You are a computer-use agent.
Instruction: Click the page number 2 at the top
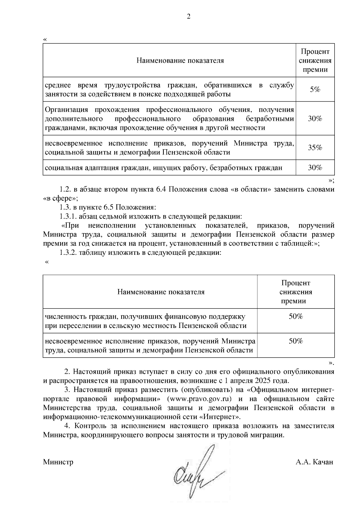click(188, 17)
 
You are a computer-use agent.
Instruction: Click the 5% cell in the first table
click(315, 89)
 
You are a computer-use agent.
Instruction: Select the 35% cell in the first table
click(315, 147)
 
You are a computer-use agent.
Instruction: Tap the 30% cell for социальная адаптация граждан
click(315, 168)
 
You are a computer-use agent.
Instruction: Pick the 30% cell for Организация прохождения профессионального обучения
click(315, 118)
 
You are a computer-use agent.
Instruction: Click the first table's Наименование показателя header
click(180, 61)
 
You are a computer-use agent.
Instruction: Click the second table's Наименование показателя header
click(161, 292)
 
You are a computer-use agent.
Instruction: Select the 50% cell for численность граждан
click(296, 317)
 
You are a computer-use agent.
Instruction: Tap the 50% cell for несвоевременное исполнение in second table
click(296, 341)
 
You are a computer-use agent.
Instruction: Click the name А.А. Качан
click(314, 462)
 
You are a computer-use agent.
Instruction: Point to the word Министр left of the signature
click(58, 462)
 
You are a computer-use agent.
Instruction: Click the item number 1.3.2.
click(69, 253)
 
